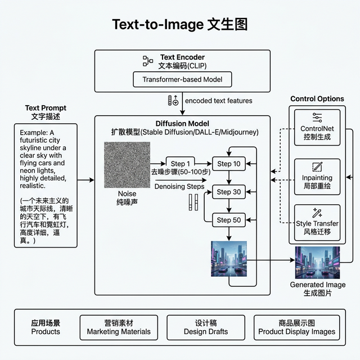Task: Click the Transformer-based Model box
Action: click(x=182, y=79)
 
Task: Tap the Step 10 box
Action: click(x=228, y=164)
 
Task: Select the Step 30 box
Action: click(x=228, y=192)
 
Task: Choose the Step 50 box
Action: click(x=228, y=220)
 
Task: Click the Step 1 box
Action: click(x=181, y=164)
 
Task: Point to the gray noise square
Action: click(x=127, y=164)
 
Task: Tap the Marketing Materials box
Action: click(x=119, y=327)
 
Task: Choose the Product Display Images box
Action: click(x=296, y=327)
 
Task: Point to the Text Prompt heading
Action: click(x=46, y=107)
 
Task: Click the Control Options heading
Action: click(x=317, y=99)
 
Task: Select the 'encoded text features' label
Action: click(x=219, y=101)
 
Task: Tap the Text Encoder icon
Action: click(x=148, y=61)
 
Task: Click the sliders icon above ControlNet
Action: click(x=317, y=118)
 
